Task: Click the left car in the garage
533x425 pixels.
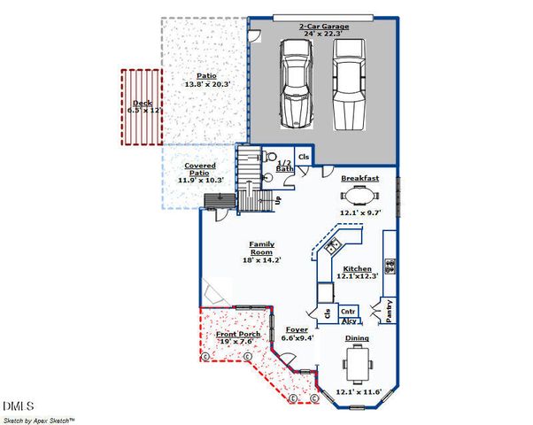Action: click(x=295, y=81)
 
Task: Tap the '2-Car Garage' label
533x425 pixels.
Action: click(x=324, y=27)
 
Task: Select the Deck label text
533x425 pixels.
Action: click(x=142, y=103)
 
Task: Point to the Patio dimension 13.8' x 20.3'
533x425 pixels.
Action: click(x=206, y=84)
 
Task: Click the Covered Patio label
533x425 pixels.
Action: click(x=201, y=169)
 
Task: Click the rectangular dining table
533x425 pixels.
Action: click(x=359, y=362)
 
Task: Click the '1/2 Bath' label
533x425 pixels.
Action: click(x=285, y=165)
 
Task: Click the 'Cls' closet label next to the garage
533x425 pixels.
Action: click(x=304, y=157)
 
